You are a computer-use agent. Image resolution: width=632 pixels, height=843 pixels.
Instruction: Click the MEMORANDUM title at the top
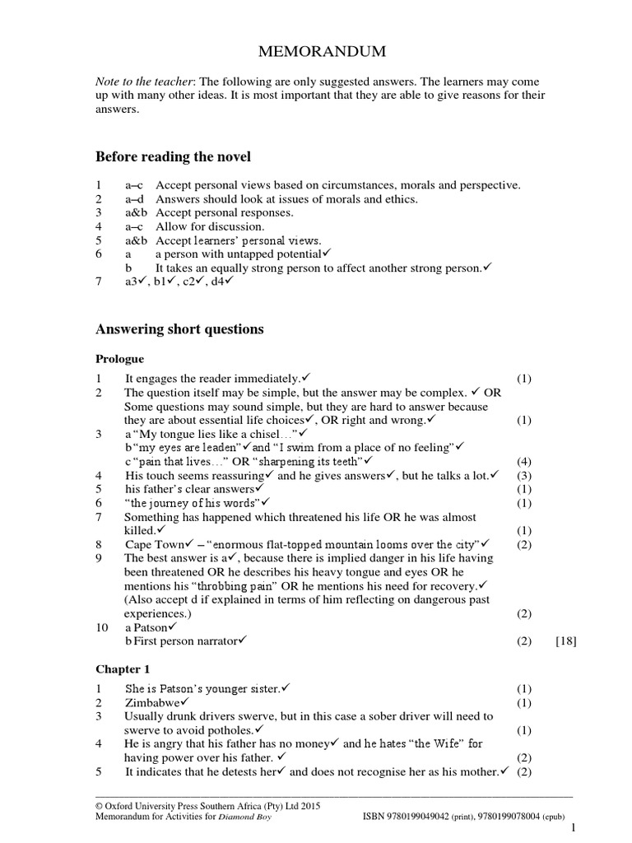tap(315, 53)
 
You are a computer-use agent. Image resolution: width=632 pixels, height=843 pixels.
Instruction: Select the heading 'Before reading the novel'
tap(174, 156)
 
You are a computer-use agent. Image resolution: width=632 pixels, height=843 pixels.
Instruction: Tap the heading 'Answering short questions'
tap(179, 329)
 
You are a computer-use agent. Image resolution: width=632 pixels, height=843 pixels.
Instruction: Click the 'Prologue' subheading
tap(120, 359)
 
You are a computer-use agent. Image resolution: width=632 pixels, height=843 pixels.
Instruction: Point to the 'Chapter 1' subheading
tap(122, 668)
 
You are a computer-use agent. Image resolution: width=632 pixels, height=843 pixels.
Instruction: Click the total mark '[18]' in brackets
tap(565, 641)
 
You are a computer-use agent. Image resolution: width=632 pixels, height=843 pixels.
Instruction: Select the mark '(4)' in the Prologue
tap(524, 462)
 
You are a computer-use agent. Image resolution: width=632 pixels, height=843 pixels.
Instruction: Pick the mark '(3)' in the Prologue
tap(524, 476)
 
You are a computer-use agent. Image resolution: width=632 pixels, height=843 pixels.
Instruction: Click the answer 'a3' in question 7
tap(132, 282)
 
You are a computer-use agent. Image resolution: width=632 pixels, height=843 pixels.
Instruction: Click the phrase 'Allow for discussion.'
tap(211, 226)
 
